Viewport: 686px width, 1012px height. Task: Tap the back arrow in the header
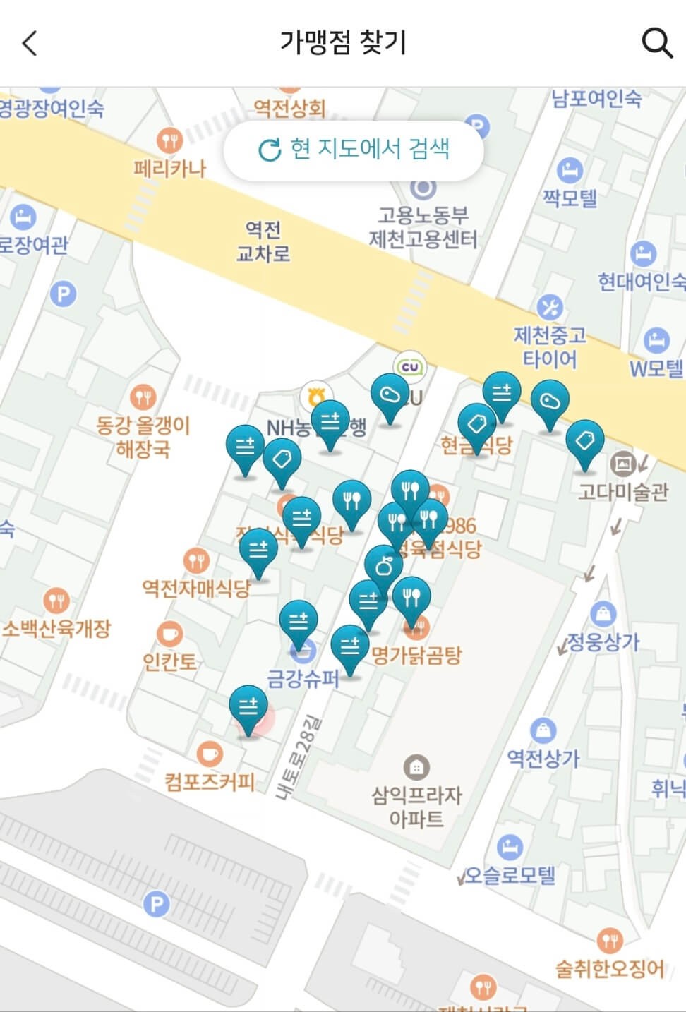coord(30,43)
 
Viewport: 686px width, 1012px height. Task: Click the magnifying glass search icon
coord(656,43)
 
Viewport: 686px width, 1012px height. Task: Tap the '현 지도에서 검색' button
coord(354,150)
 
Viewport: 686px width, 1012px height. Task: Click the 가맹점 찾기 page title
coord(343,42)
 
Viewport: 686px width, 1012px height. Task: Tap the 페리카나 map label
coord(169,169)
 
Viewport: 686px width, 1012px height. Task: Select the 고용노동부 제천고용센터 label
coord(423,227)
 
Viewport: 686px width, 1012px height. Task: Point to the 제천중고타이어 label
coord(549,347)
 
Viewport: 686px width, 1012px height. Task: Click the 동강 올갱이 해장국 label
coord(143,437)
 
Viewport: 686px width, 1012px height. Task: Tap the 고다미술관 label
coord(622,491)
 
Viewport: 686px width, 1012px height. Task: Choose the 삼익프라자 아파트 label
coord(416,807)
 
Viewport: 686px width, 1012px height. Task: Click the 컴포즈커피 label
coord(209,781)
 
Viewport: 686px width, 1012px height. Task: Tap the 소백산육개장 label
coord(56,628)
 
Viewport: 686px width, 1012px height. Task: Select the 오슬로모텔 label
coord(510,875)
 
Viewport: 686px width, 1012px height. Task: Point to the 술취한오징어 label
coord(610,968)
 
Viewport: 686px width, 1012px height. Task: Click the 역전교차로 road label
coord(263,241)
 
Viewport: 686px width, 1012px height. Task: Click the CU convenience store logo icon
coord(410,367)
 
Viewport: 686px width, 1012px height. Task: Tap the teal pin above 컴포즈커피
coord(248,709)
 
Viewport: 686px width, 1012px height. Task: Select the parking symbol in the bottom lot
coord(156,904)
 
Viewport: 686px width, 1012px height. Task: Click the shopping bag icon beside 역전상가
coord(543,730)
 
